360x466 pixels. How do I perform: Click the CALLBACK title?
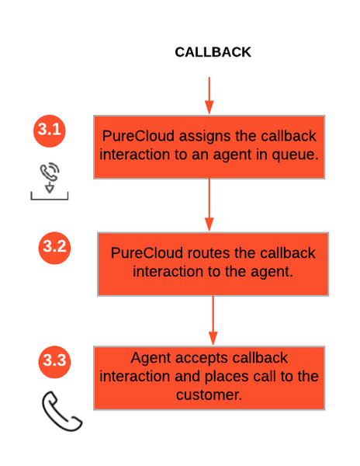[x=213, y=52]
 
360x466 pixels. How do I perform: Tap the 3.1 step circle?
[x=49, y=130]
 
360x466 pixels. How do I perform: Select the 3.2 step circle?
[x=54, y=248]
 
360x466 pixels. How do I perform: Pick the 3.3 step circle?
[x=54, y=362]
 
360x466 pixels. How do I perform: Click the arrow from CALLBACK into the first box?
[x=209, y=96]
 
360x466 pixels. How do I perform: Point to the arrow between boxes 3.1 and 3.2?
[x=209, y=205]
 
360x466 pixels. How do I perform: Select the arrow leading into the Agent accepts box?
[x=213, y=320]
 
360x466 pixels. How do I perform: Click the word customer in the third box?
[x=209, y=395]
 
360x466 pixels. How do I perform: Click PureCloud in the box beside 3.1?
[x=138, y=136]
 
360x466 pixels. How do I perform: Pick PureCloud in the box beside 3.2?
[x=147, y=253]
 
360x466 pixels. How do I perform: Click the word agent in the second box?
[x=272, y=273]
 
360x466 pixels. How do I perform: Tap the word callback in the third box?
[x=260, y=358]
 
